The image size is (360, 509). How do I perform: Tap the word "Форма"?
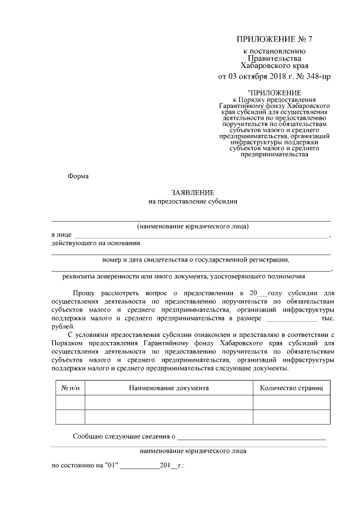point(78,175)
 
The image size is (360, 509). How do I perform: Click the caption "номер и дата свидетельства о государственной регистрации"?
point(196,260)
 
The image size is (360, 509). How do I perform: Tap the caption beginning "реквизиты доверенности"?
point(183,276)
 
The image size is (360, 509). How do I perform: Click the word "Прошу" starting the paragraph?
point(84,293)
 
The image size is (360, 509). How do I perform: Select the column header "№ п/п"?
point(70,388)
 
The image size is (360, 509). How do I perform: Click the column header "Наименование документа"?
point(169,388)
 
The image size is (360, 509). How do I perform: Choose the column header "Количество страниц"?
point(291,388)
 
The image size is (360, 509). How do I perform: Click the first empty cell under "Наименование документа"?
point(169,403)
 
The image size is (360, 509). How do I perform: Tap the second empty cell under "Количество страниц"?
point(291,417)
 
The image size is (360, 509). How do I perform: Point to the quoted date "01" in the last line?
point(109,466)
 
